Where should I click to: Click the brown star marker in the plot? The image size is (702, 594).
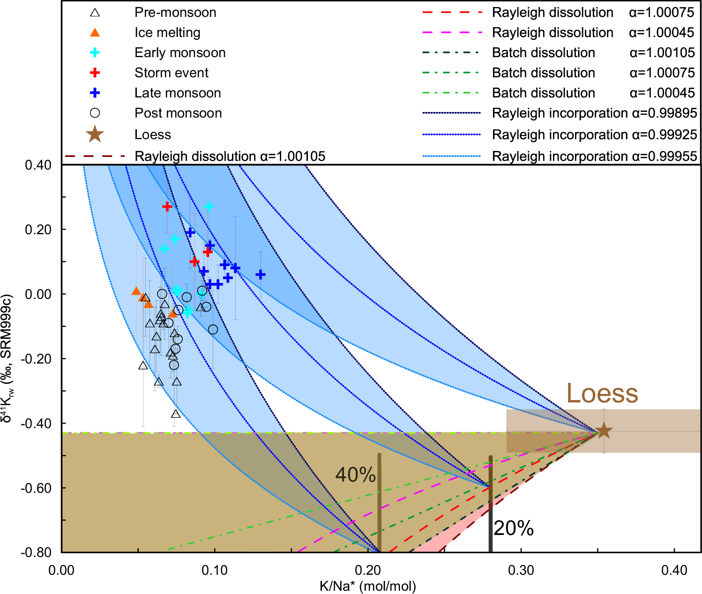tap(604, 431)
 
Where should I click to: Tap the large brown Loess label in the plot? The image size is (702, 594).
tap(602, 394)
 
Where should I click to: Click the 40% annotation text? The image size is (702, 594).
tap(355, 475)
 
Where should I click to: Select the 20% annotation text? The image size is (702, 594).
tap(514, 528)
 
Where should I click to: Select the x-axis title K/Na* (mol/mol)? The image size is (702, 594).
tap(368, 586)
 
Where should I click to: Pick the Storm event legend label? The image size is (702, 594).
tap(172, 73)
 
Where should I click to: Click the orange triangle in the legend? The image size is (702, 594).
tap(95, 32)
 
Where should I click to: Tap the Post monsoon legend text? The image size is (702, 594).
tap(178, 113)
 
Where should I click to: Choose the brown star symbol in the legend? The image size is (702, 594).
tap(95, 134)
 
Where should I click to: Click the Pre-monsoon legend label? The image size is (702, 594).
tap(175, 12)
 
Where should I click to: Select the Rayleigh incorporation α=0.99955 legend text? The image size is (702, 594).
tap(594, 156)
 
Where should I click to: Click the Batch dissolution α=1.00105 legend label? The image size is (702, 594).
tap(593, 52)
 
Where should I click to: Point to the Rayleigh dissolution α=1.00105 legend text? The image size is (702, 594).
tap(230, 156)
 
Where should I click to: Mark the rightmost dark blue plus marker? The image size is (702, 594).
tap(261, 275)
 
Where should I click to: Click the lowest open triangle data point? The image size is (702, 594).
tap(176, 414)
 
